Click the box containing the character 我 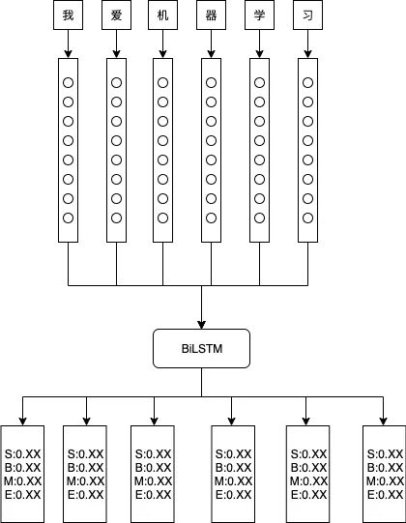coord(68,15)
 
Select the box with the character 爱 coord(116,15)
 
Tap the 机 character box coord(162,15)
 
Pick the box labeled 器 coord(211,15)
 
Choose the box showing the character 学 coord(259,15)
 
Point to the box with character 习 coord(308,15)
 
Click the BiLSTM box coord(201,349)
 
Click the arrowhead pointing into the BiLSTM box coord(201,325)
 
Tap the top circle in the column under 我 coord(68,83)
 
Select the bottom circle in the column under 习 coord(308,218)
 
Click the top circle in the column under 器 coord(211,83)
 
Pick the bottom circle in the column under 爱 coord(116,218)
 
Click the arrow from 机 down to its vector coord(162,44)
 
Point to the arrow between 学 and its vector coord(259,44)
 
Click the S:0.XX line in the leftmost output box coord(22,454)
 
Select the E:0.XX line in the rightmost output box coord(386,495)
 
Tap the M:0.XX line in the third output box coord(153,481)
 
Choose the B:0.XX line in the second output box coord(86,468)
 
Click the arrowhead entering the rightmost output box coord(384,421)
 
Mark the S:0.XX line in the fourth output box coord(234,454)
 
